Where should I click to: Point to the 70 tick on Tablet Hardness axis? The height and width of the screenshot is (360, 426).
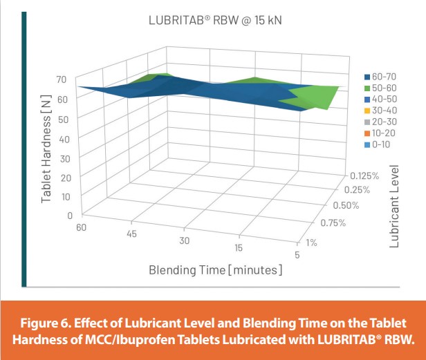coord(61,79)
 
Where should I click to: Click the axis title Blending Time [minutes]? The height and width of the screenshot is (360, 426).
coord(215,269)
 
